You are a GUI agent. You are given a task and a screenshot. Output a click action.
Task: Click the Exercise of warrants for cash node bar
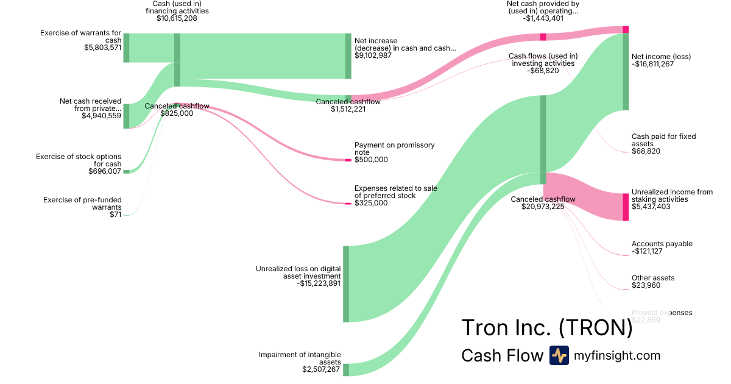(x=126, y=48)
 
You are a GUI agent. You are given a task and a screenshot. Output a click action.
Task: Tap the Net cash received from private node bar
(x=126, y=116)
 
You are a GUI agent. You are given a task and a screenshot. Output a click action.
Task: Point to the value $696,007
(x=105, y=171)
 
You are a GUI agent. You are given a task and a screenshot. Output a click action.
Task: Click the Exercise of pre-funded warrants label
(x=82, y=204)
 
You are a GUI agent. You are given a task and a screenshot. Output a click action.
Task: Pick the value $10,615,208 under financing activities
(x=177, y=18)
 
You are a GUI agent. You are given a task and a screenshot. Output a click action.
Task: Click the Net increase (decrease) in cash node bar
(x=348, y=56)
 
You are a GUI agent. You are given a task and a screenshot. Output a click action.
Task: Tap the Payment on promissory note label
(x=395, y=149)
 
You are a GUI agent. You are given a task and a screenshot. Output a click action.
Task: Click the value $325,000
(x=371, y=203)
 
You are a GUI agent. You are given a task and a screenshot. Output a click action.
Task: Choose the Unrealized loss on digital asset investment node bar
(x=346, y=283)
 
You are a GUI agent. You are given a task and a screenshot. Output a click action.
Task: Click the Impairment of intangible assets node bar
(x=346, y=369)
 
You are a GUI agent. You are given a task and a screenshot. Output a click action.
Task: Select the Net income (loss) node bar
(x=625, y=72)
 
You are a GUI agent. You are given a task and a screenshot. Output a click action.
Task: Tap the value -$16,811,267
(x=653, y=64)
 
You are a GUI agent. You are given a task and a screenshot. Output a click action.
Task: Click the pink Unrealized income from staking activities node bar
(x=625, y=207)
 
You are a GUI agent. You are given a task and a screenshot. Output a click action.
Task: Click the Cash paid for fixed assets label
(x=663, y=140)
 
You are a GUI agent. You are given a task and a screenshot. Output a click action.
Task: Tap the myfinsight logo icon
(x=559, y=355)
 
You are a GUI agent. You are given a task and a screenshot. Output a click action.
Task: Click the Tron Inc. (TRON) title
(x=547, y=328)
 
